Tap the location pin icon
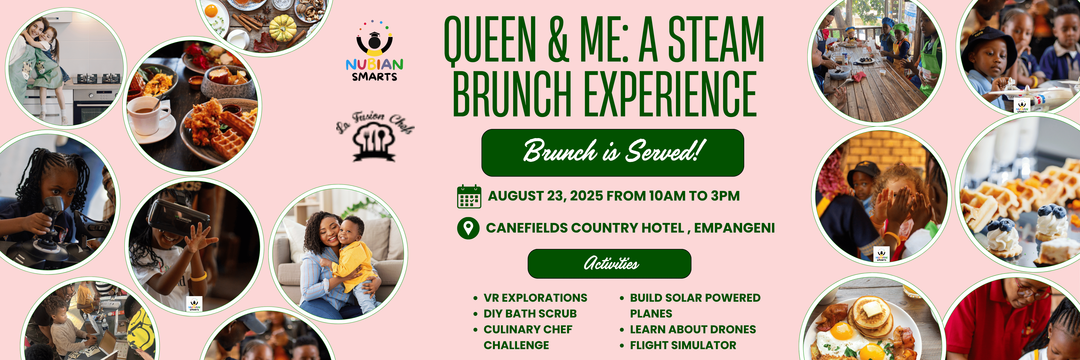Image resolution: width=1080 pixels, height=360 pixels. (468, 228)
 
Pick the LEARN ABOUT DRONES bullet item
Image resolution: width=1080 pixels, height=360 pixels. (693, 329)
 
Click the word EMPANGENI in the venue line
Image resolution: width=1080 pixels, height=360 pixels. (734, 228)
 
